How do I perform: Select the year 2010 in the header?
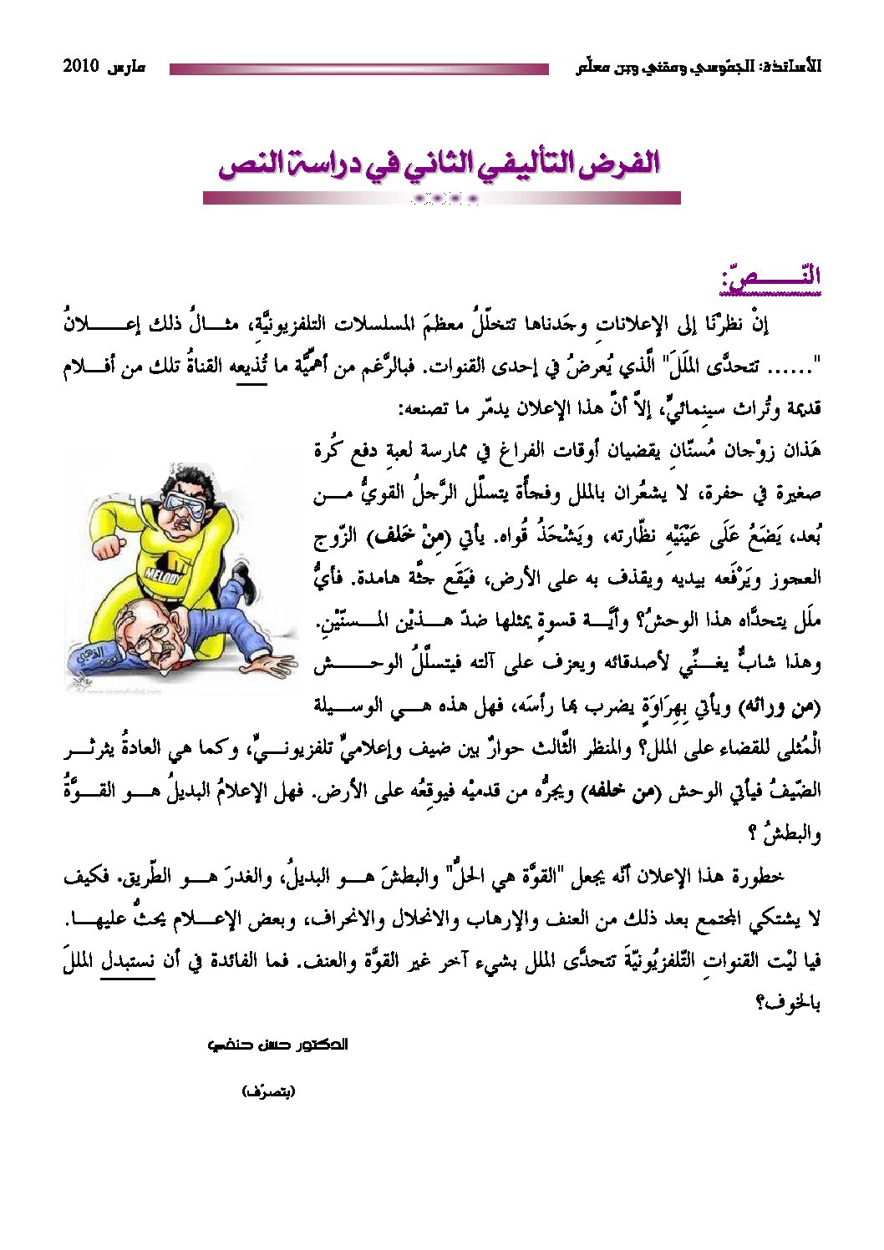coord(81,67)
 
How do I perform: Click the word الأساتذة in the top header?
coord(789,67)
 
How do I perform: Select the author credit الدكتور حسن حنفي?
coord(277,1045)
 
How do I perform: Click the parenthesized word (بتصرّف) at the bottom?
coord(268,1091)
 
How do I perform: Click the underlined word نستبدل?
coord(128,961)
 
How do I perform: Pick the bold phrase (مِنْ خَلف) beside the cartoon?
coord(404,537)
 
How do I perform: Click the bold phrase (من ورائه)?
coord(780,706)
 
